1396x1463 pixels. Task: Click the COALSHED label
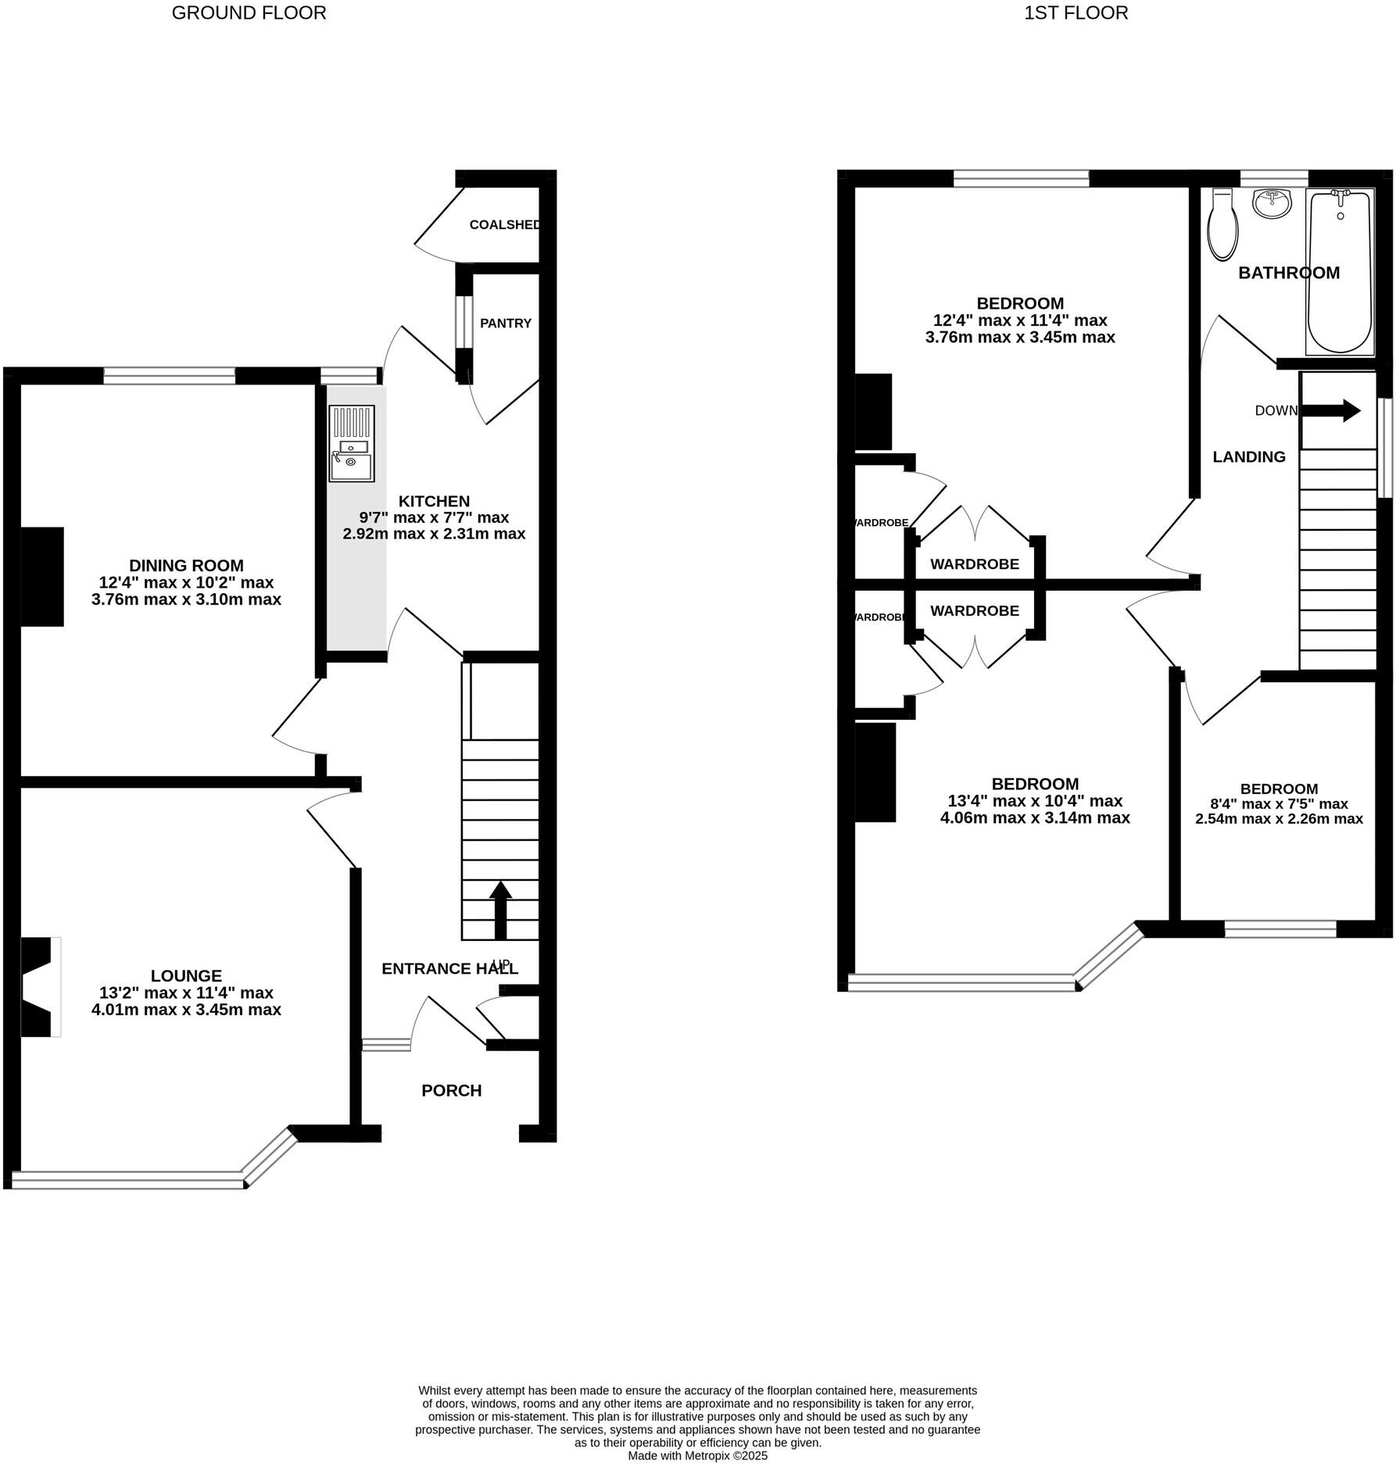point(505,225)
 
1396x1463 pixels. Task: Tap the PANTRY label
point(505,324)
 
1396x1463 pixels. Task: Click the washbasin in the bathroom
point(1274,205)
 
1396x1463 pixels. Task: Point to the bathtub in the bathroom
point(1340,272)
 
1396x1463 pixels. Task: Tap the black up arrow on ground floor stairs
point(500,910)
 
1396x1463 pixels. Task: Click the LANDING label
point(1248,457)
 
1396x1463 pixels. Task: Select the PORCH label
point(451,1091)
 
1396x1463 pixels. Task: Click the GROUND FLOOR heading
point(249,13)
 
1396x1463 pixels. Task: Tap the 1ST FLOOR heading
point(1076,13)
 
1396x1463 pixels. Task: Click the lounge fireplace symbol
point(39,987)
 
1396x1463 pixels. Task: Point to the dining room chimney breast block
point(41,577)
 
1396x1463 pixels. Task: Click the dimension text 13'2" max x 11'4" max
point(186,993)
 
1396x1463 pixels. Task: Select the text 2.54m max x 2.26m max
point(1279,819)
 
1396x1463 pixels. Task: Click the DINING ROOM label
point(186,566)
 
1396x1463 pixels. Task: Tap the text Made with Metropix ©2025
point(697,1456)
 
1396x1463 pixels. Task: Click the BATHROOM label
point(1288,273)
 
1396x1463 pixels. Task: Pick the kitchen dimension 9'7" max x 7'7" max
point(434,517)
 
